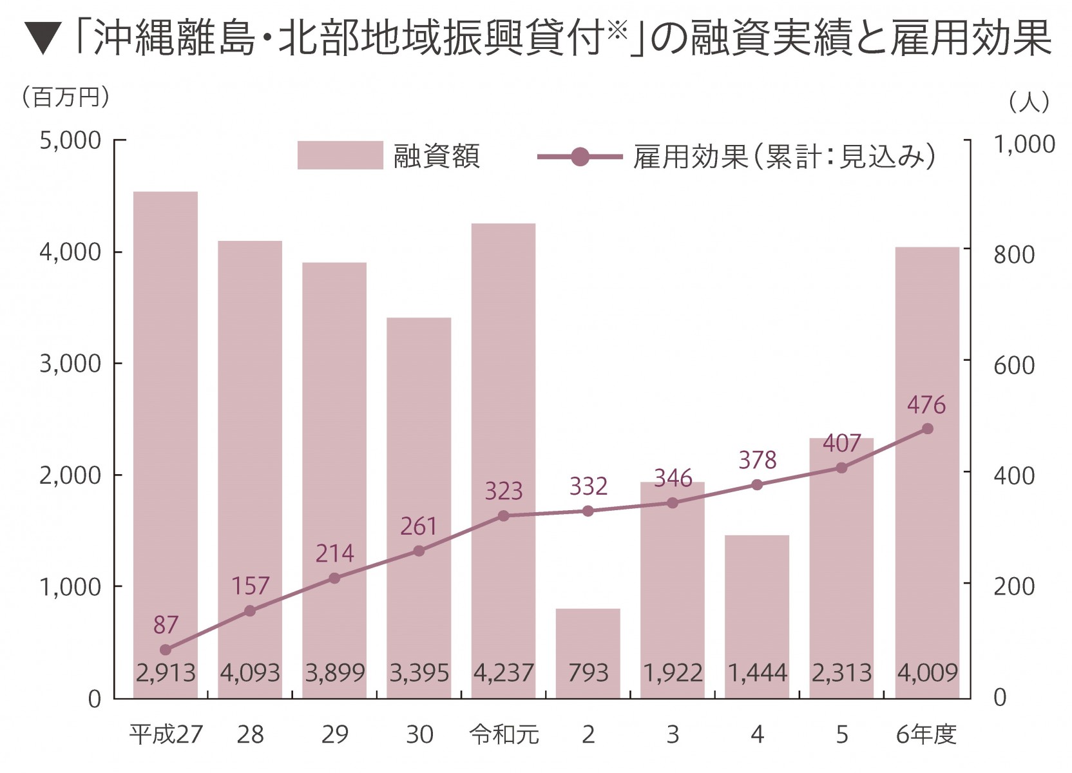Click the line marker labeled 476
(927, 428)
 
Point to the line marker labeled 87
(166, 649)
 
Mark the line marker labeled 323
(504, 515)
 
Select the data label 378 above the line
(757, 460)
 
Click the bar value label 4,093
(250, 673)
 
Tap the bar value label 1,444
(757, 673)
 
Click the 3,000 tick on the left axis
(71, 363)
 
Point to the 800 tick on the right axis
(1013, 254)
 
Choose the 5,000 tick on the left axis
(71, 140)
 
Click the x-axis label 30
(419, 734)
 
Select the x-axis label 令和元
(504, 734)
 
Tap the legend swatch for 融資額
(340, 155)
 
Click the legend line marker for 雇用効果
(580, 157)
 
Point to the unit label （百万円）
(65, 97)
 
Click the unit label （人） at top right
(1029, 101)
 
